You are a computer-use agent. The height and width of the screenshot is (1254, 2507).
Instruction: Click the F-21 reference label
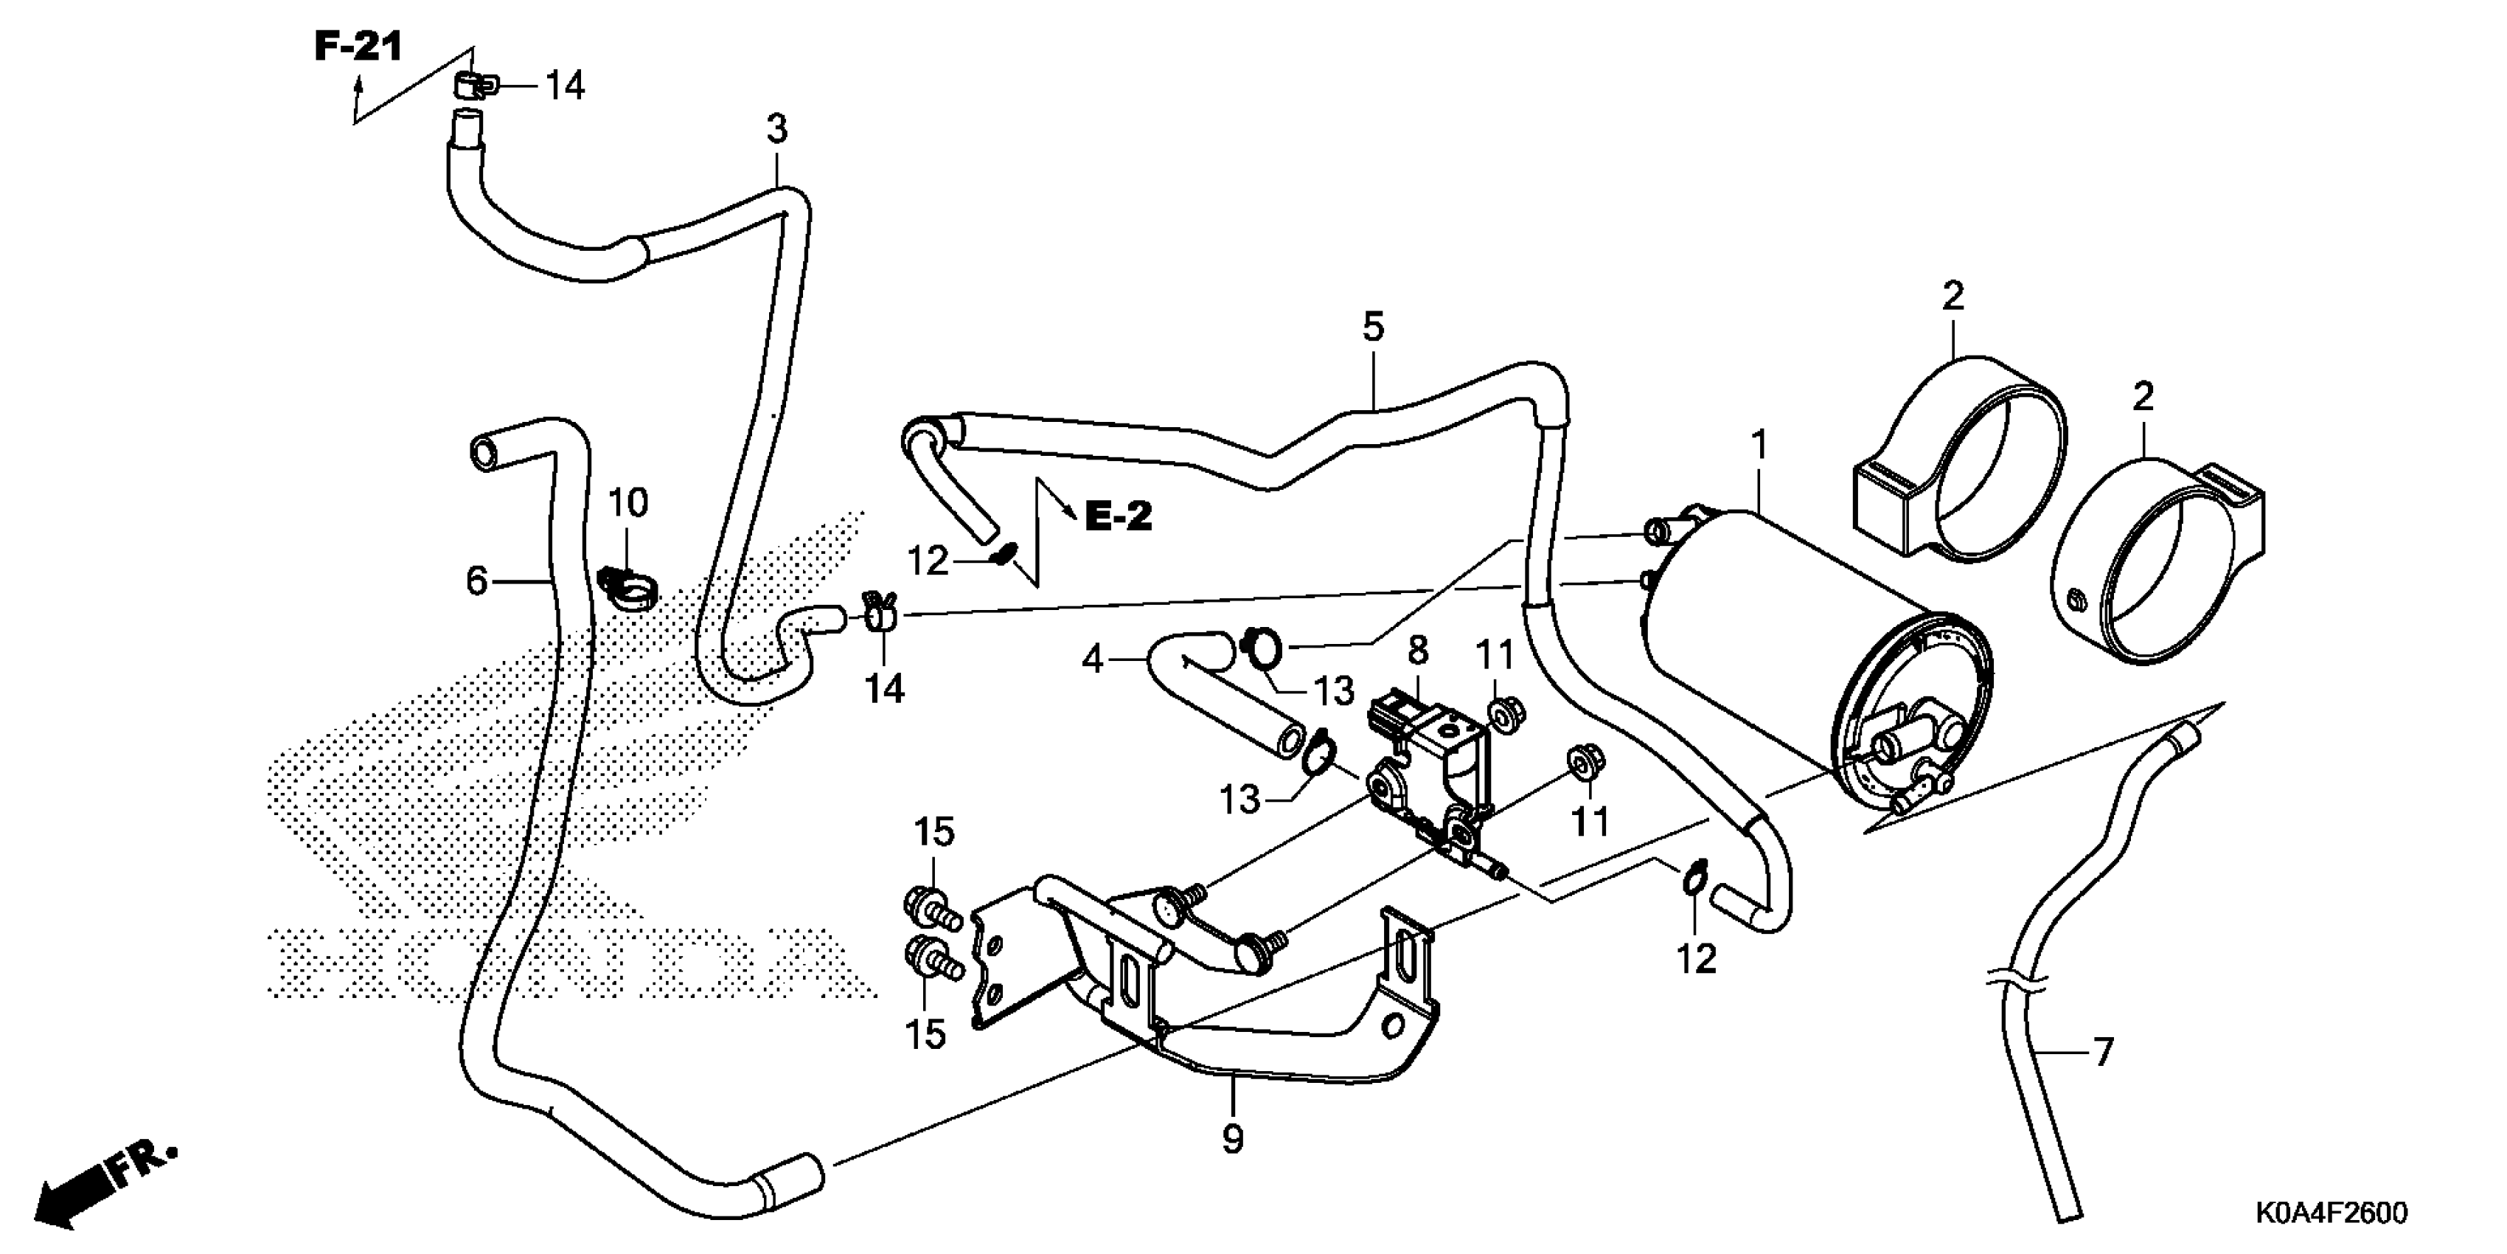pyautogui.click(x=357, y=46)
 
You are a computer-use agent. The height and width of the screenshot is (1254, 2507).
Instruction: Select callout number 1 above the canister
pyautogui.click(x=1759, y=446)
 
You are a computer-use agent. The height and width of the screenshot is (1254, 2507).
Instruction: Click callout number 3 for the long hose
pyautogui.click(x=776, y=128)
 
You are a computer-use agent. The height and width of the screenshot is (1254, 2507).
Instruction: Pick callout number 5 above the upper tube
pyautogui.click(x=1373, y=327)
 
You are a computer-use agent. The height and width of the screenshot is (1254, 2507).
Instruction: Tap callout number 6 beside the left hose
pyautogui.click(x=476, y=581)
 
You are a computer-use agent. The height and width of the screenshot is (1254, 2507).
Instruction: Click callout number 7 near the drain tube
pyautogui.click(x=2103, y=1051)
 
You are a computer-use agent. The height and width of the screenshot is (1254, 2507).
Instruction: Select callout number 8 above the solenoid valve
pyautogui.click(x=1417, y=651)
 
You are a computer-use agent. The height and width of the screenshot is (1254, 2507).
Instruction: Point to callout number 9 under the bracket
pyautogui.click(x=1232, y=1138)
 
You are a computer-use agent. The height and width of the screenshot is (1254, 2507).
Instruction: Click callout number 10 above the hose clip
pyautogui.click(x=627, y=503)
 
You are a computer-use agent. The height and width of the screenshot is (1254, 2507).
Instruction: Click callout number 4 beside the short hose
pyautogui.click(x=1093, y=660)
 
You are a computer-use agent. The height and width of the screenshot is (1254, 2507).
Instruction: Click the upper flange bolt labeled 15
pyautogui.click(x=931, y=908)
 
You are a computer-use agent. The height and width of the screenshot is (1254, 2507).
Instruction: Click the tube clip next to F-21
pyautogui.click(x=474, y=86)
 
